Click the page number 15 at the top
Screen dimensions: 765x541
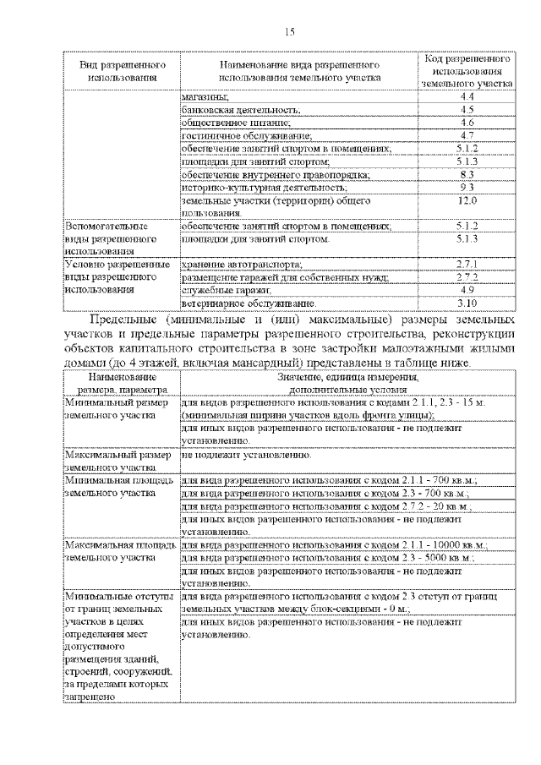pos(288,31)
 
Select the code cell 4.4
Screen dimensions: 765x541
pos(467,99)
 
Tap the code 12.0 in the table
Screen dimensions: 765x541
pos(467,200)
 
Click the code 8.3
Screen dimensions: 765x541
pos(467,174)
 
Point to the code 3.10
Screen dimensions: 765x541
pos(467,303)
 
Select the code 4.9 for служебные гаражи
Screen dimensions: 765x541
pos(467,290)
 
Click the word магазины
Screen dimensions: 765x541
pos(199,99)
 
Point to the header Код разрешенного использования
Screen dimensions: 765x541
pos(467,72)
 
